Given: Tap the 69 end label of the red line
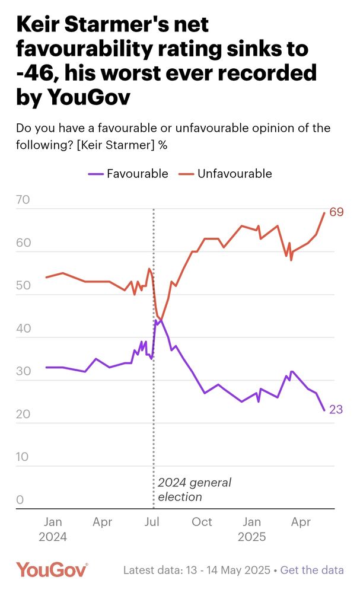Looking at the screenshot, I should (337, 212).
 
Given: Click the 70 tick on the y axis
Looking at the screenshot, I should (23, 200).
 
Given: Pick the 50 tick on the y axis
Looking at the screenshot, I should (23, 286).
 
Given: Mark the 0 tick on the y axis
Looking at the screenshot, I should (20, 500).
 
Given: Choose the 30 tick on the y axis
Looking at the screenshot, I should (23, 371).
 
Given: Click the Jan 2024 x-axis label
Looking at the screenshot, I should (53, 530).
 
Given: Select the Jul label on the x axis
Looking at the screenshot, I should (153, 522).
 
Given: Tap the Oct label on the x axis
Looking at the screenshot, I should (202, 522).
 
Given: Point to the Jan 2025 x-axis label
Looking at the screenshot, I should (252, 530).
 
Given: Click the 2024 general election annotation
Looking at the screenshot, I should (194, 489).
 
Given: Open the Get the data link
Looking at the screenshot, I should (312, 570).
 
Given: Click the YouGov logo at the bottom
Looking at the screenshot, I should (52, 570).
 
